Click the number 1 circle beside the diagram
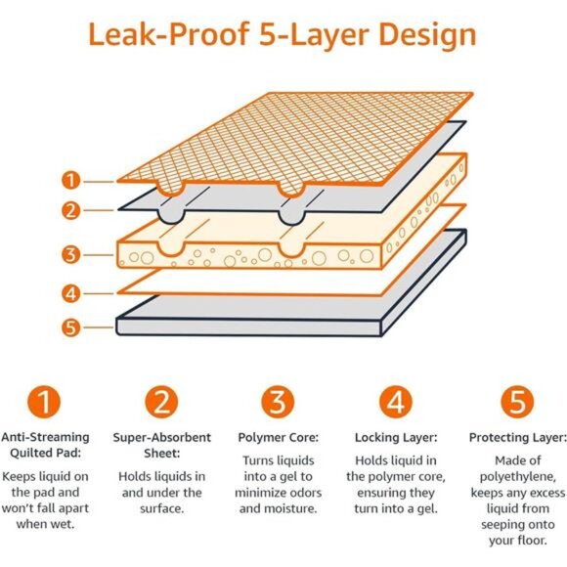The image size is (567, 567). [x=69, y=180]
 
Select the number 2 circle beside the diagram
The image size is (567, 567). [x=69, y=208]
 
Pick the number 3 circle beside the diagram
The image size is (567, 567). [x=69, y=256]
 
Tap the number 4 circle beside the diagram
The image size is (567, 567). [x=69, y=291]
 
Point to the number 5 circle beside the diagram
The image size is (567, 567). [x=69, y=327]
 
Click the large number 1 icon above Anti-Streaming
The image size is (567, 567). [x=44, y=402]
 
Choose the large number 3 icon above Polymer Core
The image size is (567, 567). [x=278, y=402]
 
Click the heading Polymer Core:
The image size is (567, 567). [x=278, y=438]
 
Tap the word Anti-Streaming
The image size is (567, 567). [x=44, y=438]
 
